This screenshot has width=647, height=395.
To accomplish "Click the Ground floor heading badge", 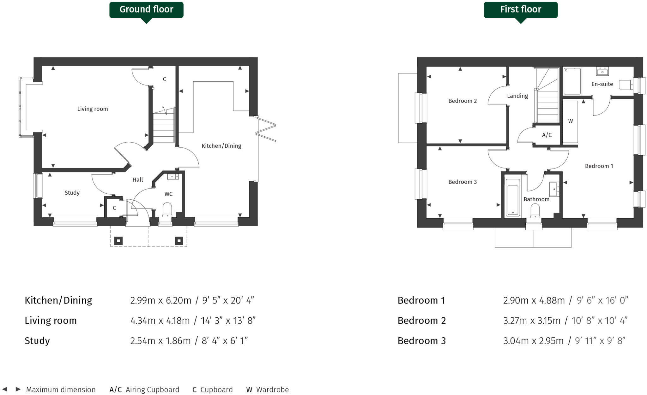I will click(146, 9).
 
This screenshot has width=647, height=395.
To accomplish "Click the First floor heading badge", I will click(520, 9).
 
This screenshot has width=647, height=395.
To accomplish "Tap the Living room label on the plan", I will click(93, 109).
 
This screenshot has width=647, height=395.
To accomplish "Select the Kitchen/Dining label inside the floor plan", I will click(221, 146).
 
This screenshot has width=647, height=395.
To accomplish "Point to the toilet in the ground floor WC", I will click(167, 209).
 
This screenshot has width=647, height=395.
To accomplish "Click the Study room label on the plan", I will click(72, 193).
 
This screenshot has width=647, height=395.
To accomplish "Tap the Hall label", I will click(138, 180).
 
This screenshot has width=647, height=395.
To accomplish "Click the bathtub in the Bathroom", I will click(512, 197).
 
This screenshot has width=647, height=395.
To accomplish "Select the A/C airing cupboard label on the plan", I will click(547, 135).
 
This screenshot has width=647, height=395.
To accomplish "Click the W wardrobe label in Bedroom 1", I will click(570, 121).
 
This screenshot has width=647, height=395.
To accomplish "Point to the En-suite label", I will click(602, 84).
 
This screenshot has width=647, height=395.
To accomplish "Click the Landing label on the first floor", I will click(517, 96).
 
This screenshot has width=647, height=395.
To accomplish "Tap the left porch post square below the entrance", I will click(118, 241).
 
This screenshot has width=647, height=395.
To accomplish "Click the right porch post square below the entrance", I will click(179, 241).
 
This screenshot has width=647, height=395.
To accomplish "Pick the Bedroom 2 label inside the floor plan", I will click(463, 101).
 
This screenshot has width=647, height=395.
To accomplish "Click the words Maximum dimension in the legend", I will click(61, 390).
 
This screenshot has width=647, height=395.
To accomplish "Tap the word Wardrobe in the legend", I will click(272, 390).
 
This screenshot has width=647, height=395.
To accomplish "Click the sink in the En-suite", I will click(602, 72).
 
